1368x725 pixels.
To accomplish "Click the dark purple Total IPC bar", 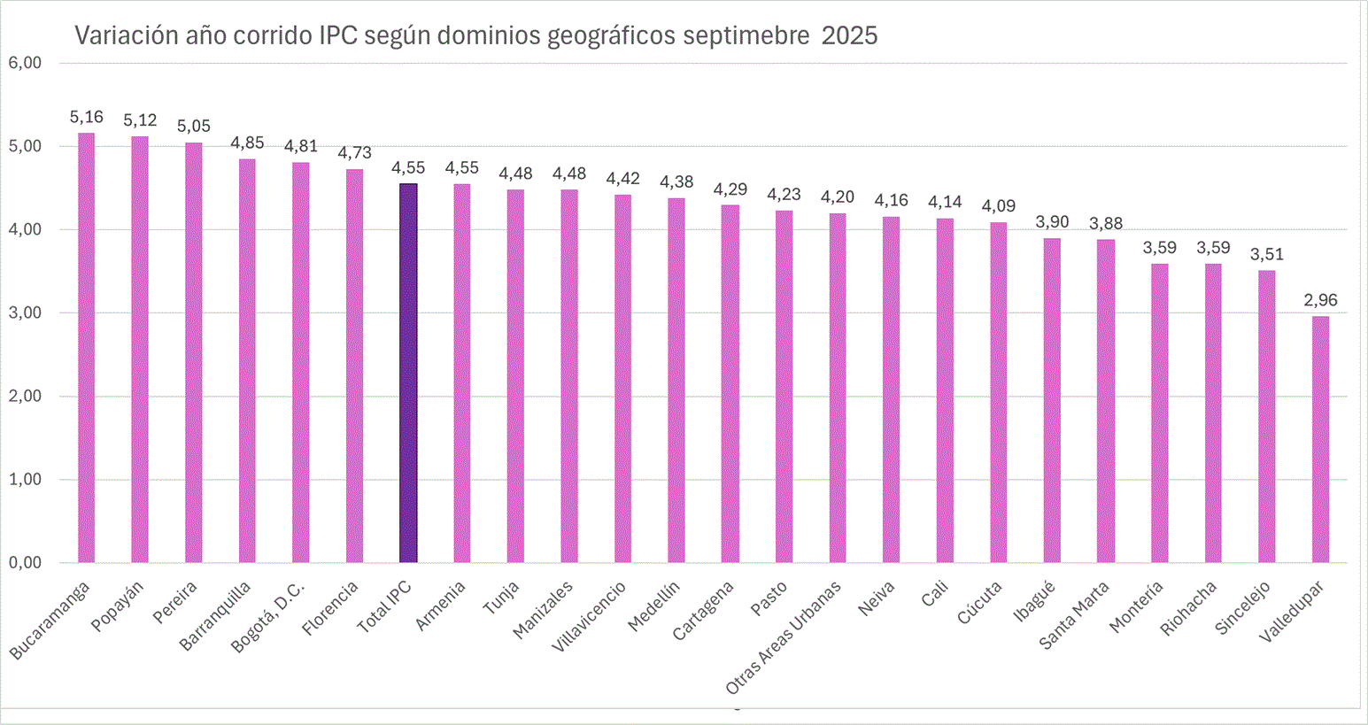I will tap(408, 373).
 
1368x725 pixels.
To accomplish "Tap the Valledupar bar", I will tap(1320, 439).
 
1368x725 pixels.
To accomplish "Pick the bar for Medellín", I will tap(676, 380).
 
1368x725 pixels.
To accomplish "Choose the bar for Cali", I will tap(945, 390).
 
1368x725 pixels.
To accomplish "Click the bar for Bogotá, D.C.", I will tap(301, 362).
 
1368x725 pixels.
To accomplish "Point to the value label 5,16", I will tap(86, 117).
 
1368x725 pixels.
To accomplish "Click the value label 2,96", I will tap(1320, 300).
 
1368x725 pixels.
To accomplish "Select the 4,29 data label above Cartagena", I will tap(730, 189).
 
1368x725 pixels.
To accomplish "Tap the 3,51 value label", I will tap(1266, 254).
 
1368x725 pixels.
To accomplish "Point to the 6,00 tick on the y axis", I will tap(24, 63).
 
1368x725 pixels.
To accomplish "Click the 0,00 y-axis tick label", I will tap(24, 563).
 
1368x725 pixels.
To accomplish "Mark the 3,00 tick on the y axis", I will tap(24, 312).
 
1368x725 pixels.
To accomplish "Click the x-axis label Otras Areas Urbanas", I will tap(784, 638).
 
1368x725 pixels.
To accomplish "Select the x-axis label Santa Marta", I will tap(1074, 615).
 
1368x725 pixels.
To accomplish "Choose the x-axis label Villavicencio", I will tap(588, 617).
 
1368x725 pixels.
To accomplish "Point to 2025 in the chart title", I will tap(849, 35).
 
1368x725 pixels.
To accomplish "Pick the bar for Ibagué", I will tap(1052, 400).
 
